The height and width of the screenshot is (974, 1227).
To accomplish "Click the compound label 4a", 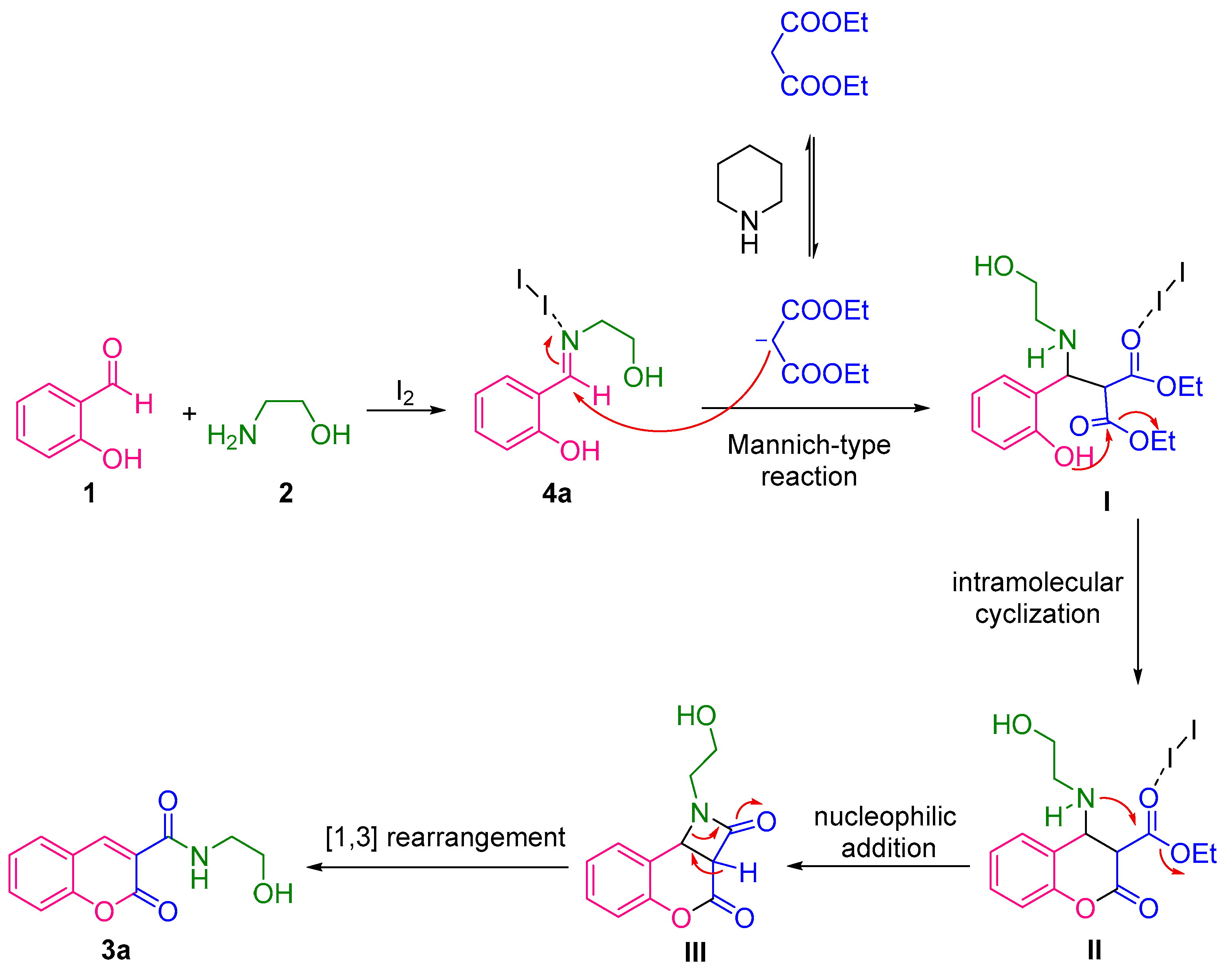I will pos(556,493).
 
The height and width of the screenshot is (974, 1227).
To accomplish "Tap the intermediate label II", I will pos(1094,950).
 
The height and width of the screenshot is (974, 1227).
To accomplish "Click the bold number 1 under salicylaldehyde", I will pos(89,493).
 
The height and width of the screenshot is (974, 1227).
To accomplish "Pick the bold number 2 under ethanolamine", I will pos(286,493).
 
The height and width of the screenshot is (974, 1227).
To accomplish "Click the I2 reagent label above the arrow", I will pos(404,392).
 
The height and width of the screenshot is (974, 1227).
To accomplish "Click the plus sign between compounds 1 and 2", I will pos(189,414).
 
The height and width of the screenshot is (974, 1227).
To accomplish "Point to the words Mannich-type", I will pos(809,445).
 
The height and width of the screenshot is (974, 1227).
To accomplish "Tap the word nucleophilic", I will pos(885,817).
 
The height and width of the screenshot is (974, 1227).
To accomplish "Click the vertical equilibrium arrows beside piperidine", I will pos(812,196).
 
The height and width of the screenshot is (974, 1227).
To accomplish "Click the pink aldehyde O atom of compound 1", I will pos(112,348).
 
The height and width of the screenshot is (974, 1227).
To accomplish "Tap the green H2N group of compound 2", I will pos(232,436).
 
